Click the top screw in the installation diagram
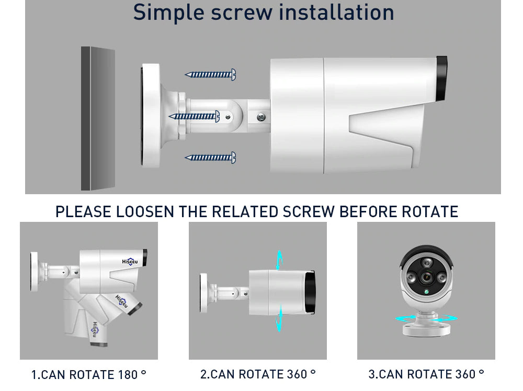[x=210, y=75]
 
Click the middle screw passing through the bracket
[x=194, y=116]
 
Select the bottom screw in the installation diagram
[x=210, y=158]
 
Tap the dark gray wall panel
[x=98, y=119]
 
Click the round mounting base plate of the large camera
[x=150, y=115]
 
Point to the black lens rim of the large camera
[x=441, y=79]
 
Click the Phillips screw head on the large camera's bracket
[x=261, y=117]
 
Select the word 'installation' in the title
[x=336, y=12]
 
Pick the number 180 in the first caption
[x=128, y=375]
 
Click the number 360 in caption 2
[x=297, y=374]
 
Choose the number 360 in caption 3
[x=465, y=374]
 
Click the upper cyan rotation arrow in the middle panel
[x=279, y=260]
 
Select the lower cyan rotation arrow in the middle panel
[x=279, y=318]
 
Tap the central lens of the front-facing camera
[x=426, y=277]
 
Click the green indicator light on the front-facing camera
[x=426, y=292]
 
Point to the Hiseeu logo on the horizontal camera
[x=130, y=262]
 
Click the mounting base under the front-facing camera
[x=426, y=325]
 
